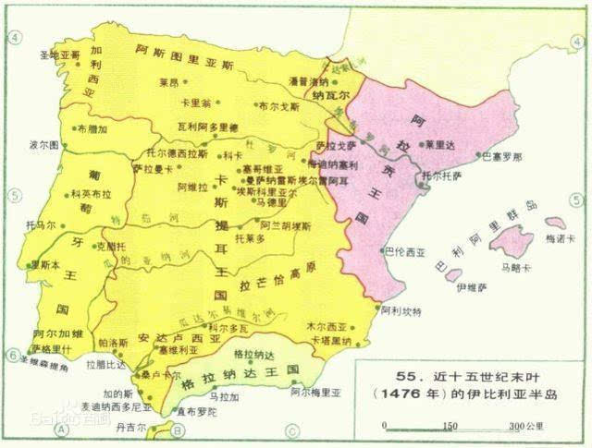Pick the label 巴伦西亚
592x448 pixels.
[x=405, y=249]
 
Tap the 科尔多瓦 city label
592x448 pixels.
[x=228, y=327]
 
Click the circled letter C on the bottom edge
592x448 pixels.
[x=290, y=429]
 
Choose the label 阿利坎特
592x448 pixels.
[x=401, y=312]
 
